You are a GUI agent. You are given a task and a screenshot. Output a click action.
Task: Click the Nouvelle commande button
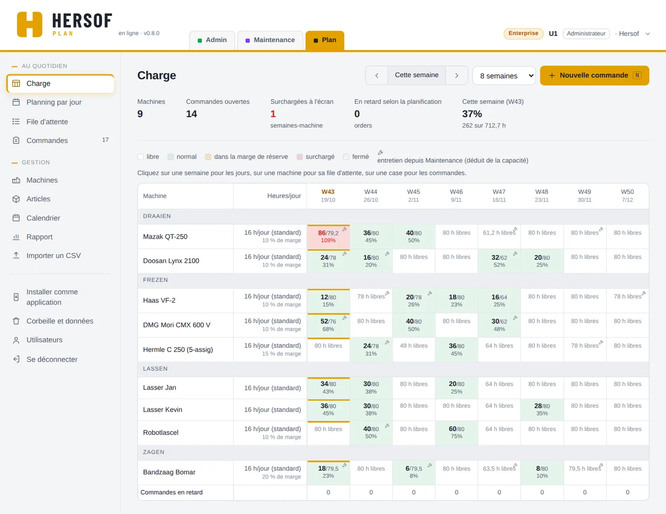[594, 75]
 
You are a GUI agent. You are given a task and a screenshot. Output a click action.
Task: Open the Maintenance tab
[270, 40]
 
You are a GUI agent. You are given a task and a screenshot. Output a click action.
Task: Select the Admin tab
[212, 40]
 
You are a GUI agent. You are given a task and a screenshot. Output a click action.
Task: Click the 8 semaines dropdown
[504, 76]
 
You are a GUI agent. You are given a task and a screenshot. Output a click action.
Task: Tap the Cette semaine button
[417, 75]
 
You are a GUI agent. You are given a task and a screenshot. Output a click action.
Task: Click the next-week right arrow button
[457, 75]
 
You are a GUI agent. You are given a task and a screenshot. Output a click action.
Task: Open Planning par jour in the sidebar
[54, 102]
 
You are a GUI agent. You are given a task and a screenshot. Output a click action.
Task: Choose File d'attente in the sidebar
[47, 121]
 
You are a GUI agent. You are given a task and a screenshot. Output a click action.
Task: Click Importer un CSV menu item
[53, 256]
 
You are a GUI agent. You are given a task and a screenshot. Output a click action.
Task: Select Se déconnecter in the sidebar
[52, 359]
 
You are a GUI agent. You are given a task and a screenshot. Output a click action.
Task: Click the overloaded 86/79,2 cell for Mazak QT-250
[328, 237]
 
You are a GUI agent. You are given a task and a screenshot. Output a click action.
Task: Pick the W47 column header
[499, 196]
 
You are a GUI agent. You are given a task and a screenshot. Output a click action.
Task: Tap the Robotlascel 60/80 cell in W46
[456, 433]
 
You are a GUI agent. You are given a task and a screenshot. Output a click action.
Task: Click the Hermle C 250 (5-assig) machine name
[178, 350]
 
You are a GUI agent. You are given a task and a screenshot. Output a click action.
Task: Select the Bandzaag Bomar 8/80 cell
[542, 472]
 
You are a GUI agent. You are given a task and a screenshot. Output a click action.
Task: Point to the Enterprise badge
[523, 33]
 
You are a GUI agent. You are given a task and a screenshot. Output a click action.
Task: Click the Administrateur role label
[586, 33]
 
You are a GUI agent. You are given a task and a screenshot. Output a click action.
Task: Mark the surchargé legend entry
[316, 157]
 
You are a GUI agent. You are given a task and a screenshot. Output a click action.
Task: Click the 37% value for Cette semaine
[472, 114]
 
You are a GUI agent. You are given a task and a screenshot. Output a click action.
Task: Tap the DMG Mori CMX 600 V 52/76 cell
[328, 325]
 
